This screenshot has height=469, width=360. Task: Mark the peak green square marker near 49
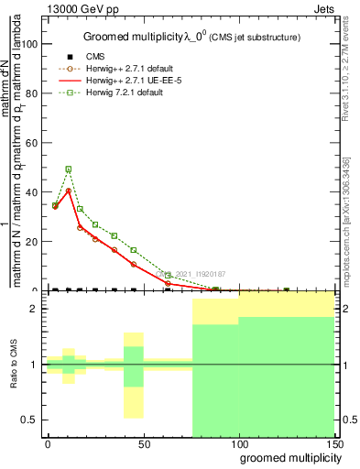click(69, 169)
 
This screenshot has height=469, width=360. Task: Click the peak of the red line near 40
click(69, 191)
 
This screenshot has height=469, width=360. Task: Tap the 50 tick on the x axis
click(143, 443)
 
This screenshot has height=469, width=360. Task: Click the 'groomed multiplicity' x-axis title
click(287, 457)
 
